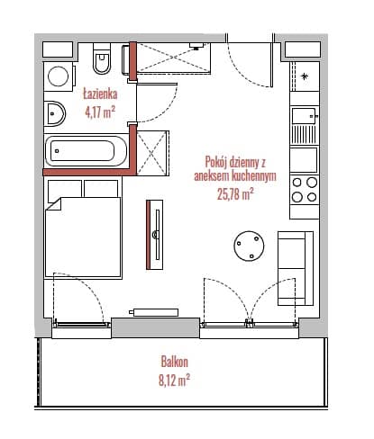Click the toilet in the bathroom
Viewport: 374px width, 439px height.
(x=102, y=58)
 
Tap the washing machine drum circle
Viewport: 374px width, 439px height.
(x=58, y=76)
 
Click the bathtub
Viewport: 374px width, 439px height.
(x=86, y=151)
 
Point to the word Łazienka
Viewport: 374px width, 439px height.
(x=100, y=94)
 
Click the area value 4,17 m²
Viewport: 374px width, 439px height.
(x=100, y=112)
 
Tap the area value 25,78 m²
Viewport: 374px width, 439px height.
(x=235, y=194)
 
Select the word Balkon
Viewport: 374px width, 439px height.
(x=175, y=362)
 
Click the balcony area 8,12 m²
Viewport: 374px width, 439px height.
(x=174, y=381)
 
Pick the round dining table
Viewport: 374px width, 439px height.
(x=249, y=246)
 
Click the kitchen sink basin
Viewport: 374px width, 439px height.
(x=304, y=115)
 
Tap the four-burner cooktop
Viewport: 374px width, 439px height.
(x=305, y=190)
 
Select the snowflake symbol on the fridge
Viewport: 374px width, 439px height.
(x=305, y=76)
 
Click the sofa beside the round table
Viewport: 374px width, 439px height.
(x=296, y=268)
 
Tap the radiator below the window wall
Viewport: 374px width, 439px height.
(x=154, y=312)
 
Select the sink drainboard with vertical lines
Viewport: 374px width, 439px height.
(x=304, y=134)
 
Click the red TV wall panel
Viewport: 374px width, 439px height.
(x=148, y=235)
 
